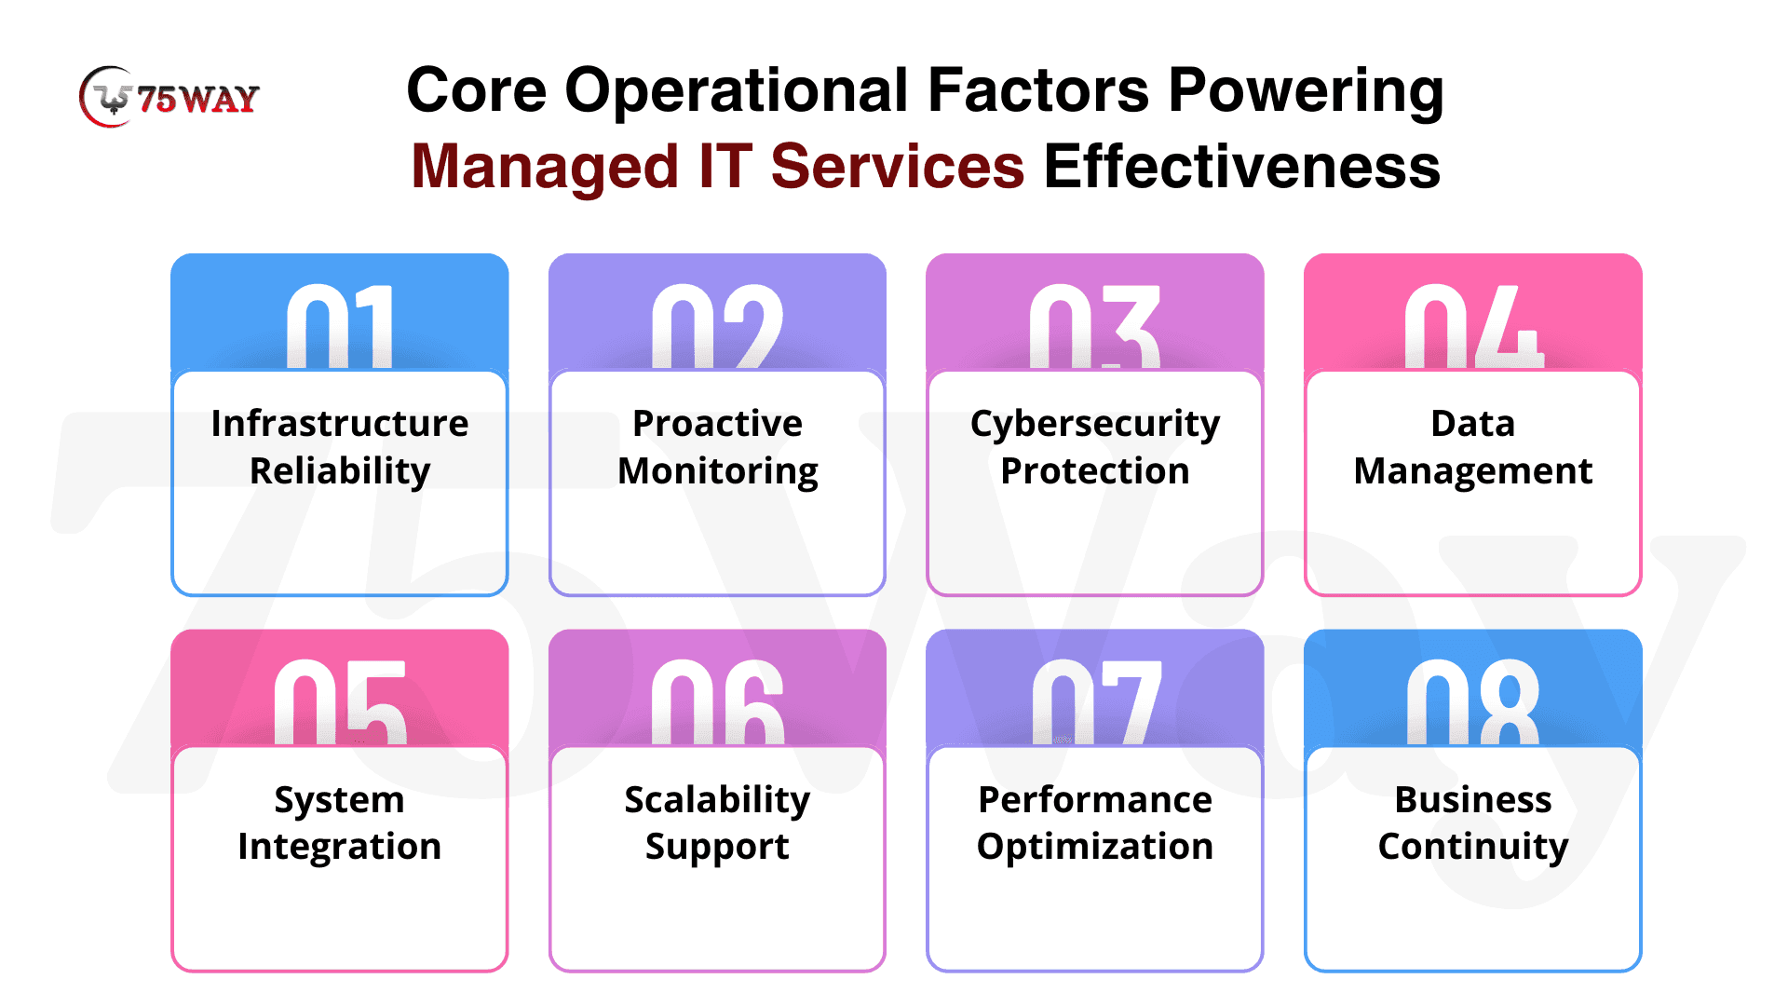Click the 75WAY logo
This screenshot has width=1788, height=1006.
point(169,97)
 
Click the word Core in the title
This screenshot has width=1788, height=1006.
point(477,91)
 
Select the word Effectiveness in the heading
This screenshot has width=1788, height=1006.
point(1242,167)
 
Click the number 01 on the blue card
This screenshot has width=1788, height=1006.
point(340,326)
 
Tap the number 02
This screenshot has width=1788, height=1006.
point(717,326)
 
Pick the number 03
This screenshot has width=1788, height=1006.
point(1095,326)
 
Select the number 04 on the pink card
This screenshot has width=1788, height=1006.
point(1473,326)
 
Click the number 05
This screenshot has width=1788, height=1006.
point(340,702)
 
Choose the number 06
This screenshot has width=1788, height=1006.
point(717,702)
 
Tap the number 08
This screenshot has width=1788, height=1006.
point(1473,702)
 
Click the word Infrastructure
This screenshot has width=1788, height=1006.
point(340,423)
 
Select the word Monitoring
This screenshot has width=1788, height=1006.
point(718,472)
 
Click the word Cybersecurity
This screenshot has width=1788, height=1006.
point(1095,425)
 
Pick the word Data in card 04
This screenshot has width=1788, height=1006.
point(1473,423)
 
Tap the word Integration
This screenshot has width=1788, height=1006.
point(340,848)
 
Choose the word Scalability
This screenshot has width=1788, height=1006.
point(717,801)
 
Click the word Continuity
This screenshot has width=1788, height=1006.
point(1473,848)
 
